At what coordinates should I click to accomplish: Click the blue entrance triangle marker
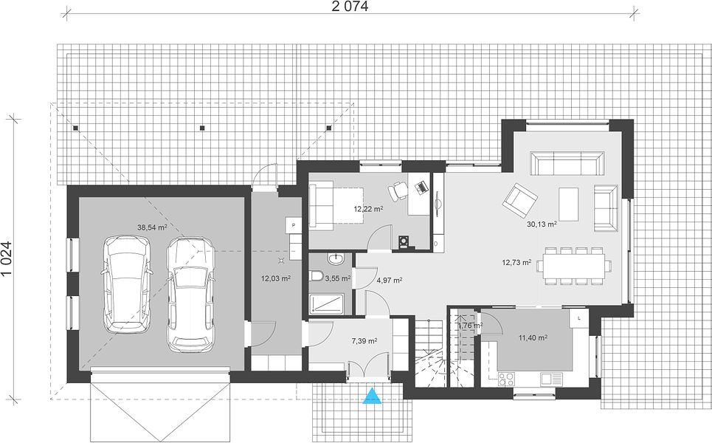pyautogui.click(x=373, y=396)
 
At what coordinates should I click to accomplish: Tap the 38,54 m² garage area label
pyautogui.click(x=152, y=227)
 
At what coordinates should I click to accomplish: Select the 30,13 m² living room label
pyautogui.click(x=542, y=224)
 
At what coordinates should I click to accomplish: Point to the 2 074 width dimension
pyautogui.click(x=350, y=7)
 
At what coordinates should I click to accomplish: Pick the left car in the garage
pyautogui.click(x=127, y=284)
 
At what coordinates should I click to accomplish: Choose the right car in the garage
pyautogui.click(x=190, y=295)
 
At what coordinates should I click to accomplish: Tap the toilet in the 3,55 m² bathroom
pyautogui.click(x=316, y=276)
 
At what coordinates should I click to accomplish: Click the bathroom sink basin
pyautogui.click(x=336, y=259)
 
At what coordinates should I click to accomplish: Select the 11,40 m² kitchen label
pyautogui.click(x=533, y=337)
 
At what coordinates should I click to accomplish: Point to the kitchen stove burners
pyautogui.click(x=506, y=379)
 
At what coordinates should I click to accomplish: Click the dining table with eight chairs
pyautogui.click(x=573, y=266)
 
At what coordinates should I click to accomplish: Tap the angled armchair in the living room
pyautogui.click(x=519, y=199)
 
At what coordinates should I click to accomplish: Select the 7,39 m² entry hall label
pyautogui.click(x=364, y=341)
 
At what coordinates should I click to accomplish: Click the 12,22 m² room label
pyautogui.click(x=368, y=209)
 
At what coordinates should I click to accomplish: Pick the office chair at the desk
pyautogui.click(x=398, y=190)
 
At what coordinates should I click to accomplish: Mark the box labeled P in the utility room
pyautogui.click(x=294, y=225)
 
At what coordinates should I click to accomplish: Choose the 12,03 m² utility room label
pyautogui.click(x=276, y=278)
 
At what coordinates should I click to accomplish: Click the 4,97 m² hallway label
pyautogui.click(x=389, y=281)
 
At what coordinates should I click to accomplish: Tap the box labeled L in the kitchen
pyautogui.click(x=579, y=318)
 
